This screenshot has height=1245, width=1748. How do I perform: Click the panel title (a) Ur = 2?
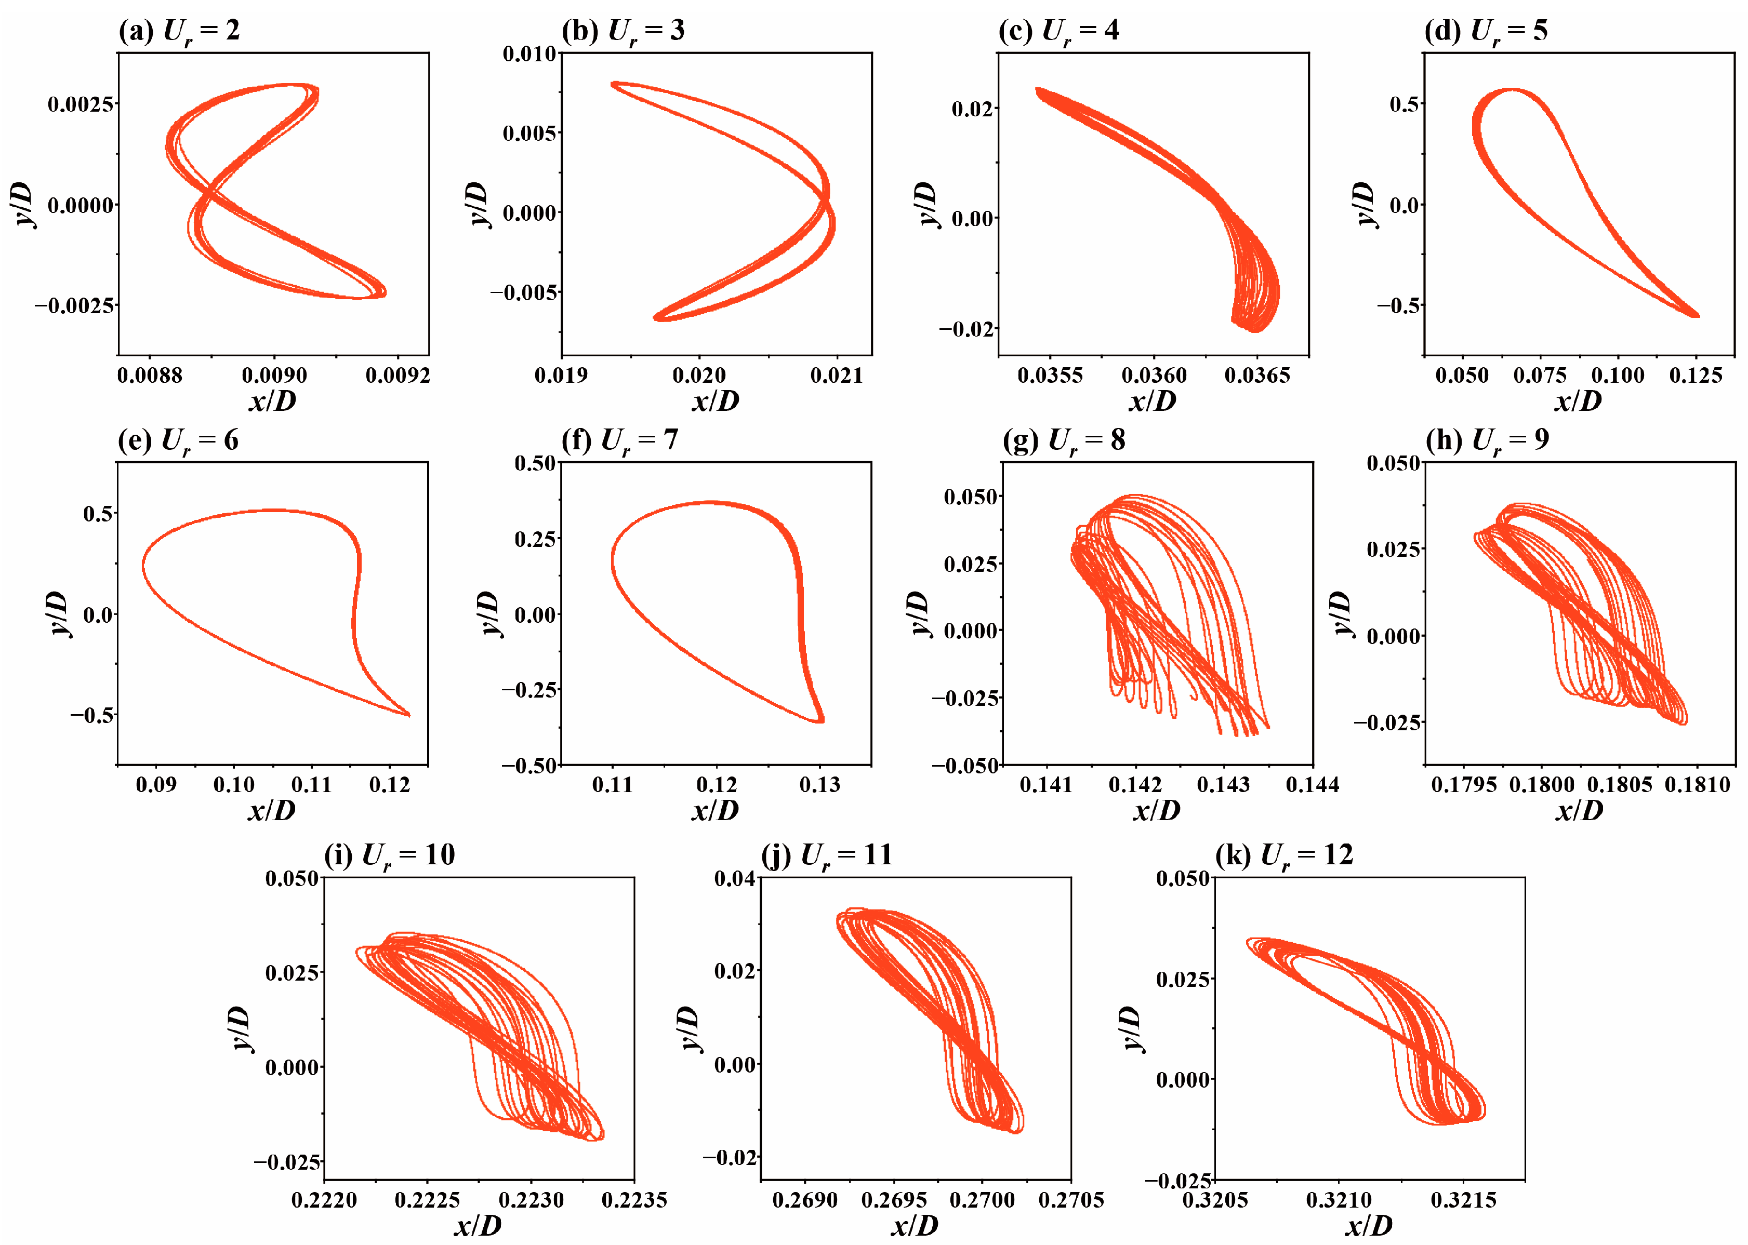179,31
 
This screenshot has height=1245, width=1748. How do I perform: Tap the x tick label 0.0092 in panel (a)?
398,376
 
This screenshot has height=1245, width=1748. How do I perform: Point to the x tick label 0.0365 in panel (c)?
1257,376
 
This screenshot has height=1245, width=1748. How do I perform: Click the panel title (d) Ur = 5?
1486,31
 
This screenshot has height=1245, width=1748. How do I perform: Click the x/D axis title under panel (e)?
272,810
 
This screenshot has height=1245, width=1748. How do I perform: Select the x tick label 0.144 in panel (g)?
1313,785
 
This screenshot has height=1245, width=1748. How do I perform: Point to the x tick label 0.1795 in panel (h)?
1463,785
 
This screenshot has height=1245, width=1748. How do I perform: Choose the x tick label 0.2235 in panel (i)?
633,1200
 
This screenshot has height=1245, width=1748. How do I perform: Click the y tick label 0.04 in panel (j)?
735,878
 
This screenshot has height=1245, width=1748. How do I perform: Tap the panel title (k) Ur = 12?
1284,855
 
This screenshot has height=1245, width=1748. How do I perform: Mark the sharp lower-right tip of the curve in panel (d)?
1698,315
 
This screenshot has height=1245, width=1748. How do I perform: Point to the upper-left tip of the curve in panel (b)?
613,84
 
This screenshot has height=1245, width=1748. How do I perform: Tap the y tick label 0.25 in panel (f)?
535,539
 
